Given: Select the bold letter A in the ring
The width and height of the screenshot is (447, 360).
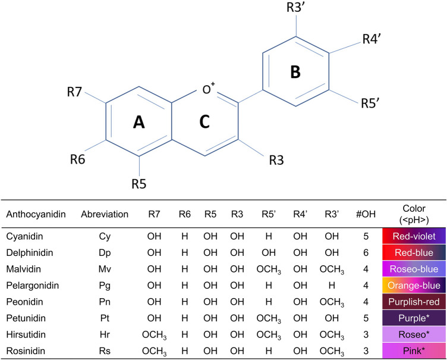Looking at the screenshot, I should (138, 122).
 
